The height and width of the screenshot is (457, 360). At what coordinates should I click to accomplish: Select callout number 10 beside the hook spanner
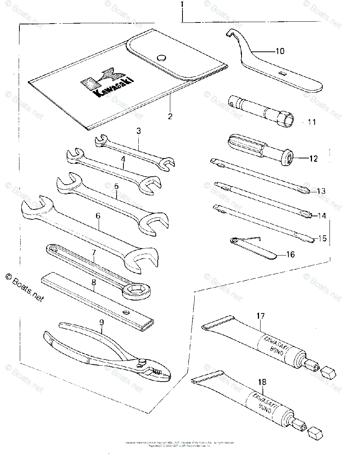(x=280, y=51)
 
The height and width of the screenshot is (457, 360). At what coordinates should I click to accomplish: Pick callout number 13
(x=321, y=191)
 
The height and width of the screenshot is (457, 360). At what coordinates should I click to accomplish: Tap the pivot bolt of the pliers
(x=143, y=361)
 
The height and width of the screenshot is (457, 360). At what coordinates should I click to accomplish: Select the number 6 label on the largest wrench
(x=98, y=216)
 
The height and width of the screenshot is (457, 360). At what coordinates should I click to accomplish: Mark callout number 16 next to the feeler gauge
(x=290, y=254)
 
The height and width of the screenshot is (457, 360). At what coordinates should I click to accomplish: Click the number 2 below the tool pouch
(x=170, y=116)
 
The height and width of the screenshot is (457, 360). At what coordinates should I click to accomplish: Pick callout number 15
(x=322, y=238)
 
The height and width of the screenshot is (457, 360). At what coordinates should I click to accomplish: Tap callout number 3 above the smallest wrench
(x=139, y=131)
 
